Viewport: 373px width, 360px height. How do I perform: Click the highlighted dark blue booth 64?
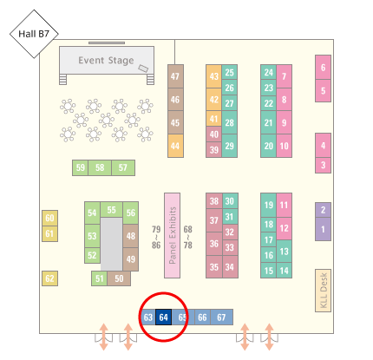click(x=164, y=317)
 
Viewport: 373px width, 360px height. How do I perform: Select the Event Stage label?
click(x=106, y=61)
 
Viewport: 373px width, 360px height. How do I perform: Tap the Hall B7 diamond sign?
click(x=34, y=34)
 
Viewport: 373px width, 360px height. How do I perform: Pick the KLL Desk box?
click(x=323, y=291)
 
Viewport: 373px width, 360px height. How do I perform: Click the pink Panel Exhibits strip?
click(x=172, y=235)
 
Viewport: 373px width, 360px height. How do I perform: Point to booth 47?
click(x=175, y=76)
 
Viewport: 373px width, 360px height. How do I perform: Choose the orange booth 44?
click(x=175, y=146)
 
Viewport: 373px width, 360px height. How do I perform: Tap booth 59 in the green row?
click(x=80, y=167)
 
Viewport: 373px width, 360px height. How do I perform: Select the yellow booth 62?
click(x=49, y=278)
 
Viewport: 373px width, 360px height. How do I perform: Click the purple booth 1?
click(x=323, y=229)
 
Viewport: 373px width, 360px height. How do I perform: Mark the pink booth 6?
click(x=323, y=68)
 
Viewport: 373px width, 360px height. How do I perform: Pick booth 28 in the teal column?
click(x=230, y=122)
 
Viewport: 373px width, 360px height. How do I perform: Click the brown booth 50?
click(x=119, y=278)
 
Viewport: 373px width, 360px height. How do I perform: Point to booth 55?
click(x=112, y=210)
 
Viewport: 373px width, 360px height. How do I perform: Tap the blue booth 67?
click(x=221, y=317)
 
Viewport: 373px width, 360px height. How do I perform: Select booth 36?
click(x=214, y=244)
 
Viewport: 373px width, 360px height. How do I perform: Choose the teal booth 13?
click(x=284, y=251)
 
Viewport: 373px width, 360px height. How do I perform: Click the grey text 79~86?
click(x=156, y=238)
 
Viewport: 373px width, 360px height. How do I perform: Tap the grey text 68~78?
click(x=187, y=238)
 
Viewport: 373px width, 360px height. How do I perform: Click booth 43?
click(x=214, y=76)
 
